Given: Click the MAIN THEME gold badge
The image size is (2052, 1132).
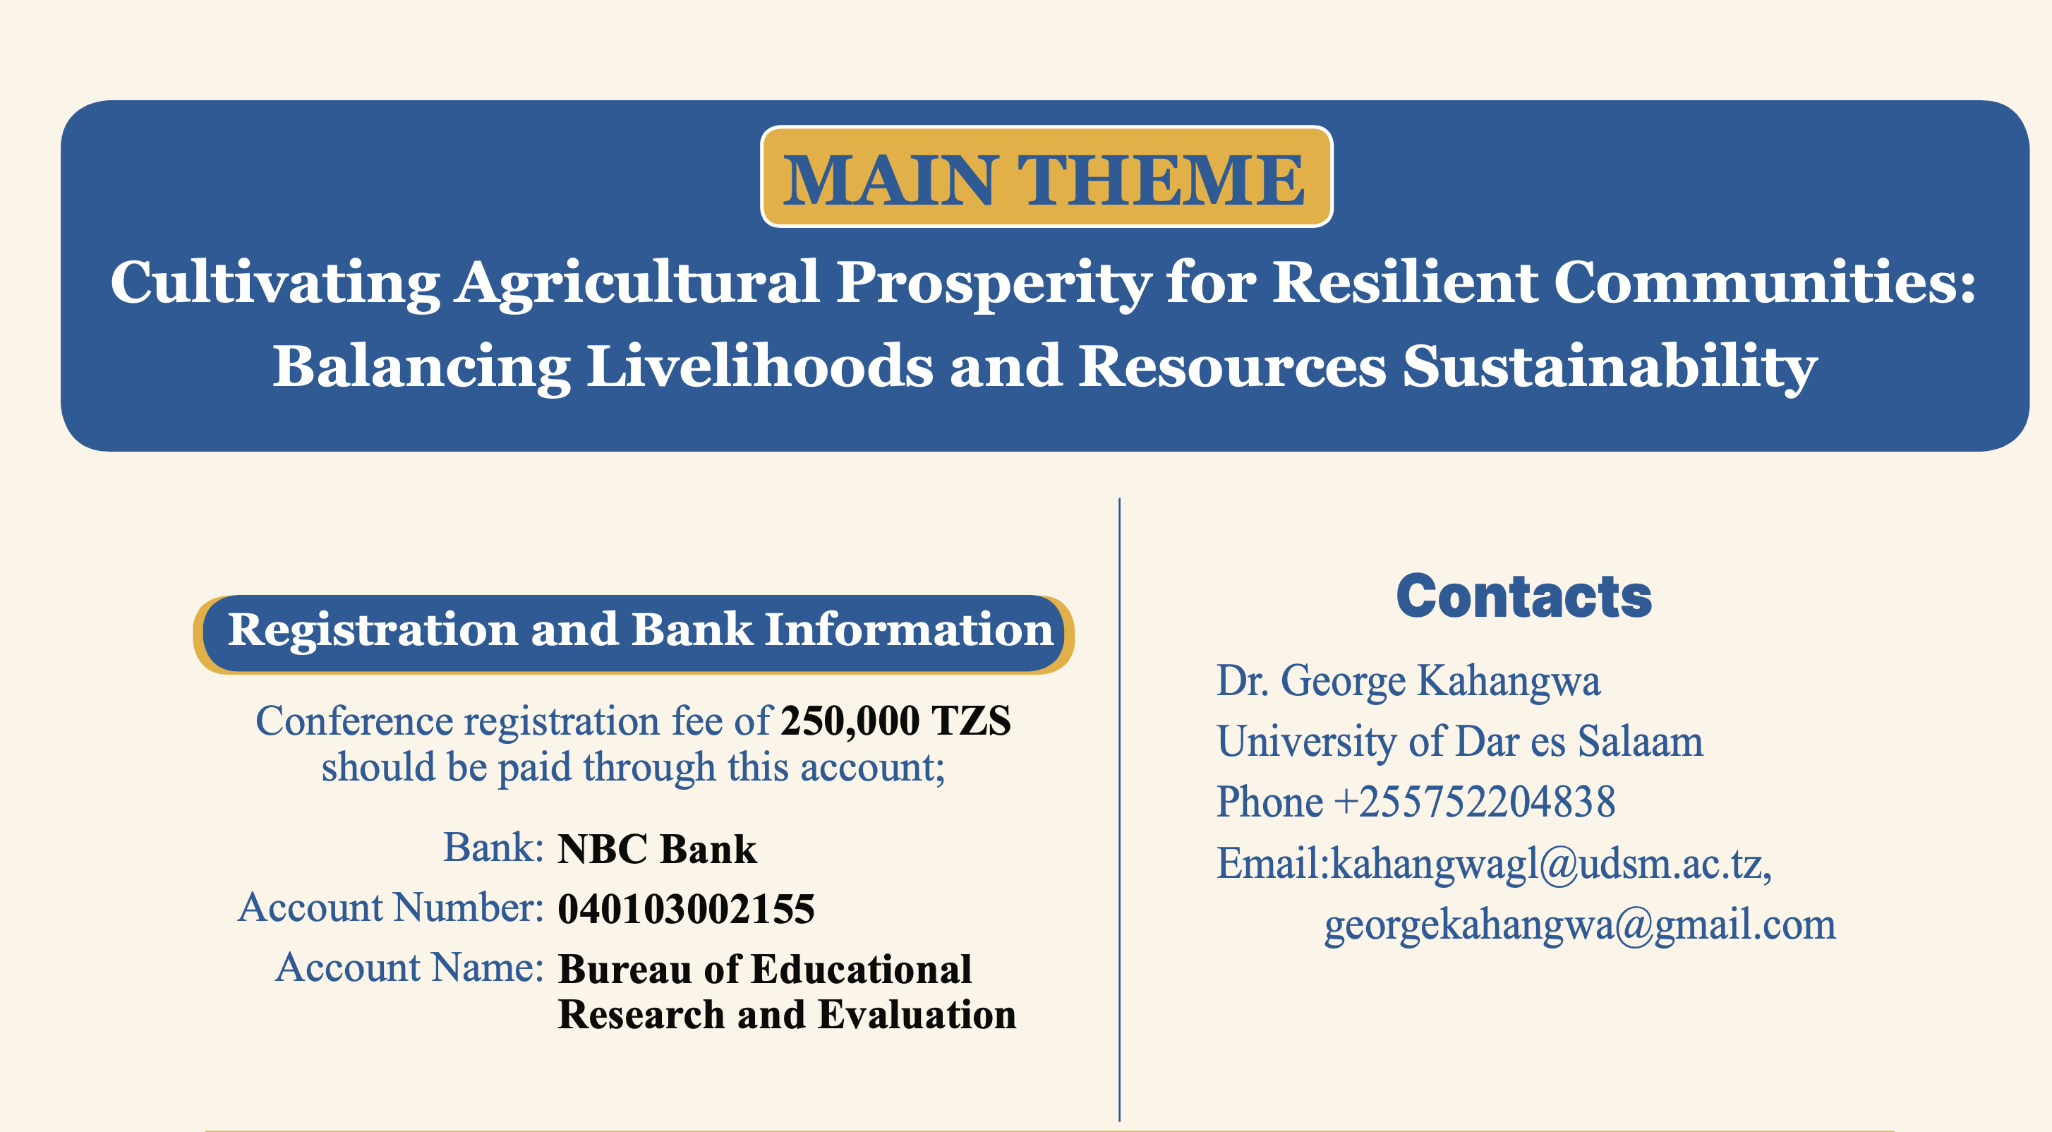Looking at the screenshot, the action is (1046, 176).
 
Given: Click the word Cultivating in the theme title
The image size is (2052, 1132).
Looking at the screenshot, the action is (274, 284).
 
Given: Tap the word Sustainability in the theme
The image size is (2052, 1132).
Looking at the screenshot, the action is (1610, 368).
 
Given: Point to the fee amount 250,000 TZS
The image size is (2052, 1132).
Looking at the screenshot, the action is (896, 721).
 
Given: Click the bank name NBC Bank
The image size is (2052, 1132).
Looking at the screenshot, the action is (657, 848).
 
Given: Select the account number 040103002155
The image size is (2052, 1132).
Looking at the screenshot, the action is (686, 909).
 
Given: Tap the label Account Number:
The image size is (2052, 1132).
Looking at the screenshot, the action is (391, 908).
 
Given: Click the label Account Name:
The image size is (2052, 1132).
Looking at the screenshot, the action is (409, 968).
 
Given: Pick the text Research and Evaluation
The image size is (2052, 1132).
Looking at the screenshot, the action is (787, 1015).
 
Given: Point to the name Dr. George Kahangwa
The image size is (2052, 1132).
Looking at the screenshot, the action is (1408, 682).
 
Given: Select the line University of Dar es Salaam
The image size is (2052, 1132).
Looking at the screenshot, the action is (1460, 742).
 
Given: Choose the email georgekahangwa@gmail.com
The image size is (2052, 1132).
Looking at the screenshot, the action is (1581, 926).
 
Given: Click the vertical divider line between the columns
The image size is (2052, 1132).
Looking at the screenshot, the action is (1120, 810).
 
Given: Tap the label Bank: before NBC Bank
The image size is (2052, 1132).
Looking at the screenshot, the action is (494, 848).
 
